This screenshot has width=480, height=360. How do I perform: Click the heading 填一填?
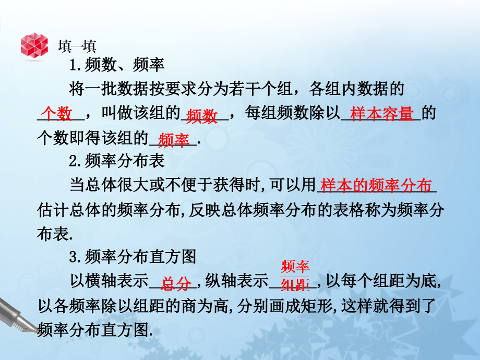pos(77,46)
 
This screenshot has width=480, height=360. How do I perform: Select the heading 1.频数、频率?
pos(117,66)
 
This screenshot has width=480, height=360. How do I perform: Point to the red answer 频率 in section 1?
pos(173,139)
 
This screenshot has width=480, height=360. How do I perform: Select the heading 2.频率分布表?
pos(117,161)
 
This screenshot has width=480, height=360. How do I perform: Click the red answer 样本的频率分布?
pos(376,186)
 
